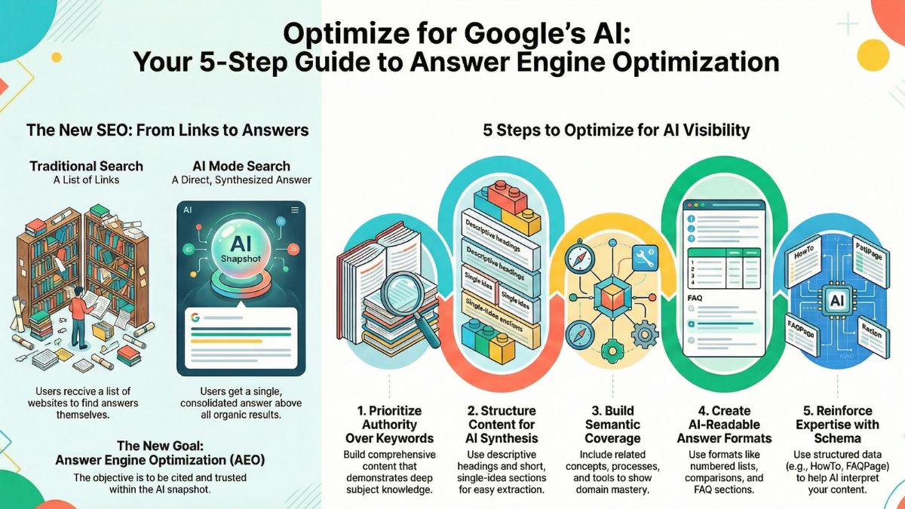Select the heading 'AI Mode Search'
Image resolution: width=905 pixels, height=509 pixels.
pos(240,165)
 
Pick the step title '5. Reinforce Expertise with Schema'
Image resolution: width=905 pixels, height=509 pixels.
pos(835,424)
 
